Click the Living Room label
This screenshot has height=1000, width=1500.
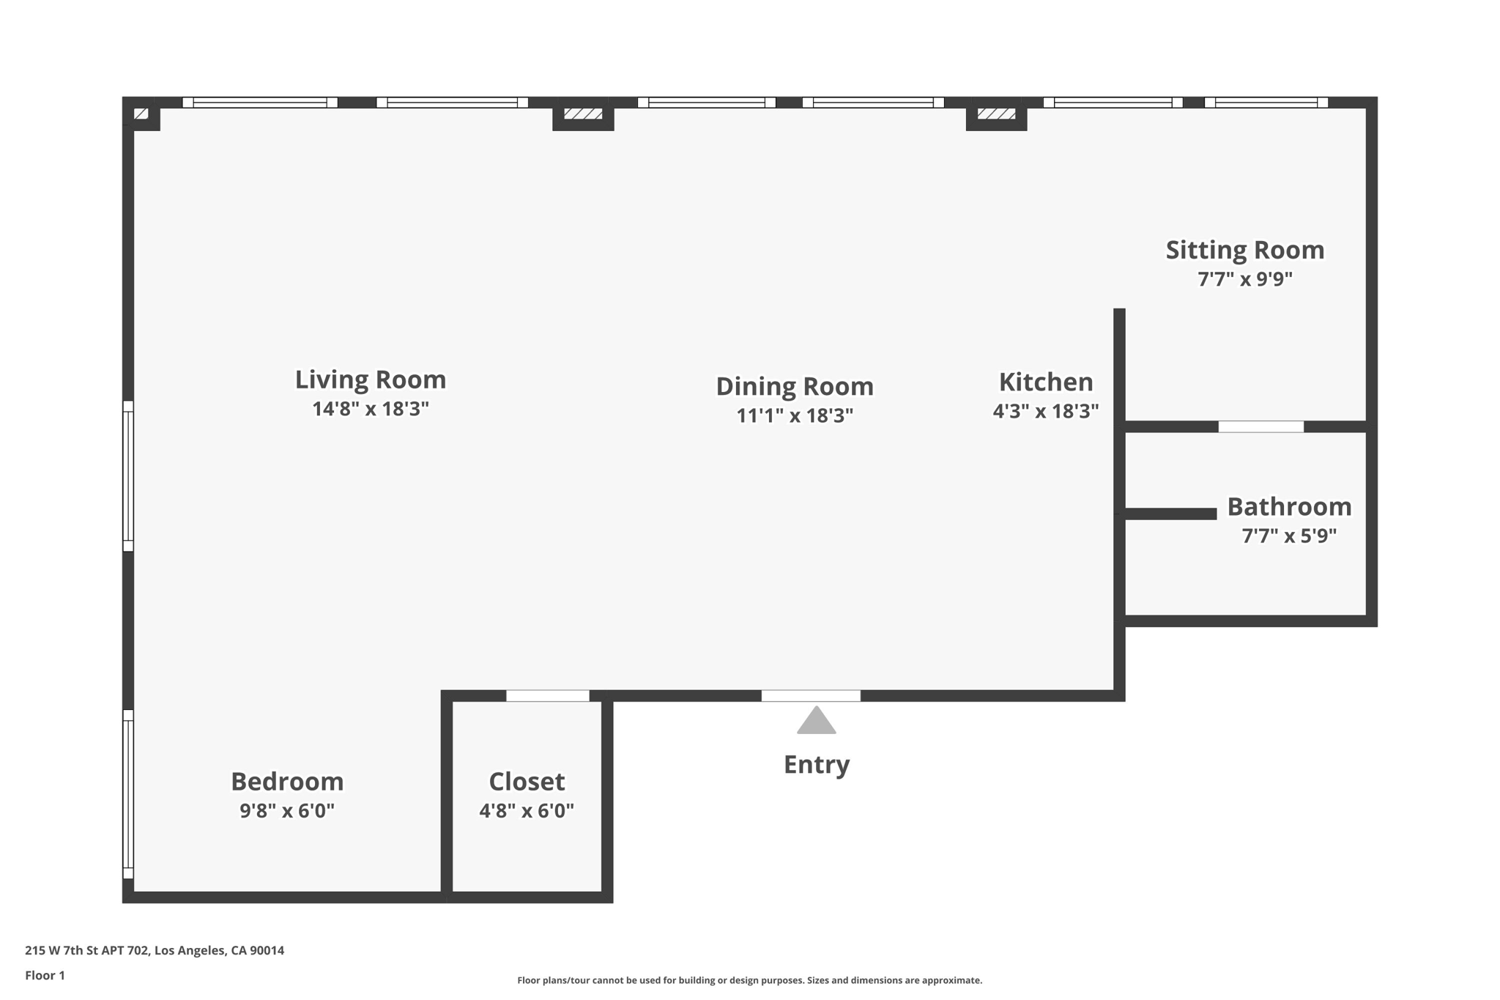(370, 379)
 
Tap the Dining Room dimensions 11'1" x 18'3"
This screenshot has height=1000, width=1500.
(795, 416)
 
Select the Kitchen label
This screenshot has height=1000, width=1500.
(1045, 382)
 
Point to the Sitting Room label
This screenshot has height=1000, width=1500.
(1244, 251)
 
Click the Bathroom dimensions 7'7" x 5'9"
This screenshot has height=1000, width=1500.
(1288, 536)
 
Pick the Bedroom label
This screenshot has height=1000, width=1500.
(287, 782)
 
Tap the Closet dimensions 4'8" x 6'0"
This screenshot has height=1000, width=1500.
(526, 811)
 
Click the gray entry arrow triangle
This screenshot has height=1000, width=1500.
(816, 722)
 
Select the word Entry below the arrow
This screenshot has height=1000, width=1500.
(816, 765)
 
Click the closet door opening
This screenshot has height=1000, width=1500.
(547, 696)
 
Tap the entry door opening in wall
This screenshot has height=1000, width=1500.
(811, 696)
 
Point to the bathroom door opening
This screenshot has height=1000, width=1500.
(1260, 426)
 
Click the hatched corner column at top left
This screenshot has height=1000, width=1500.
(141, 114)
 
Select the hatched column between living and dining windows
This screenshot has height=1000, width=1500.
(583, 114)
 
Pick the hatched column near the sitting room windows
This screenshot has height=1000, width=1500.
(996, 114)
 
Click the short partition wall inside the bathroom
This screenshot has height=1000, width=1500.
(1170, 514)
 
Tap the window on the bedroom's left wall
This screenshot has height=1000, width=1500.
(128, 794)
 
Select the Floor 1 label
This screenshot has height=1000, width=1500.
(45, 975)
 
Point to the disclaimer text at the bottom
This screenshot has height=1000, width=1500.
(749, 980)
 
